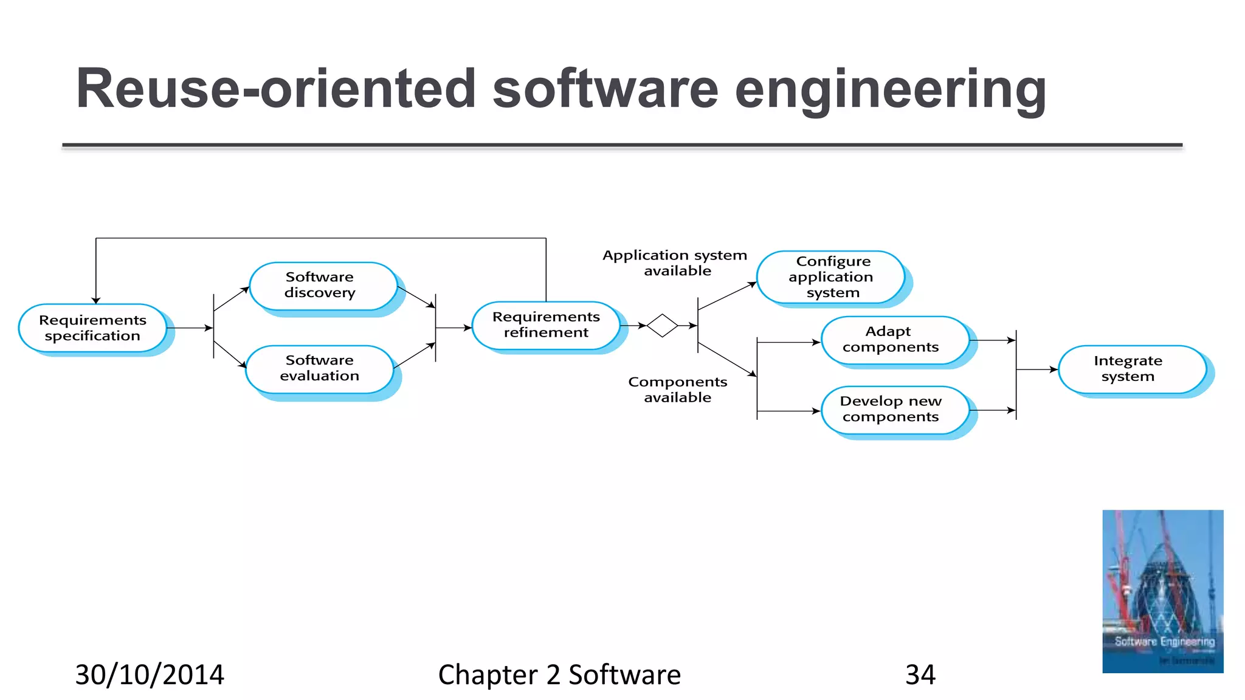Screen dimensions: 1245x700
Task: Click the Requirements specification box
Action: [x=92, y=328]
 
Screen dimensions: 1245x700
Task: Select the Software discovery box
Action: [x=320, y=285]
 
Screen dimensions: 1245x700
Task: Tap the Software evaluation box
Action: [x=320, y=368]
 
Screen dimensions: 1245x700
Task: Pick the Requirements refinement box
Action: [x=546, y=325]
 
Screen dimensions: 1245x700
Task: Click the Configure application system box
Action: [x=831, y=277]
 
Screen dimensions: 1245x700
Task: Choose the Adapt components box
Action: [x=891, y=340]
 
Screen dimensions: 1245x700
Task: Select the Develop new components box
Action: [x=891, y=410]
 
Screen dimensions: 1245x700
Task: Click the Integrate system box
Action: [x=1129, y=369]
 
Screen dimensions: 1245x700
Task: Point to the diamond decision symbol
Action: [x=662, y=326]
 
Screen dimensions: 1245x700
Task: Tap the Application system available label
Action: [x=675, y=263]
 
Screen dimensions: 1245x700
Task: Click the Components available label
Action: [x=678, y=389]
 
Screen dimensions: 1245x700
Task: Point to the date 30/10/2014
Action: [x=150, y=675]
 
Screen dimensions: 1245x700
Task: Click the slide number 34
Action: [x=920, y=675]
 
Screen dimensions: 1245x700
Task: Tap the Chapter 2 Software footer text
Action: [x=559, y=675]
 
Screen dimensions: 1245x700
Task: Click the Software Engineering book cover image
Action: [x=1162, y=591]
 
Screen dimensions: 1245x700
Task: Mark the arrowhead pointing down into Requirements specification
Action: [x=96, y=300]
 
